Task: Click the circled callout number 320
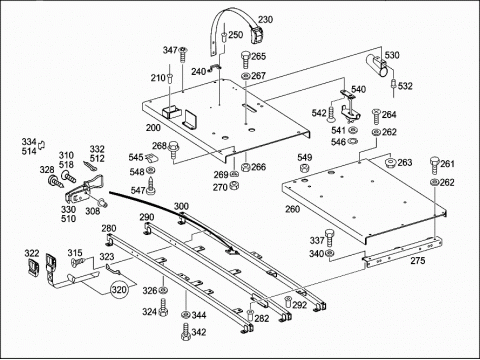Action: coord(119,289)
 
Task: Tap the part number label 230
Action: coord(265,20)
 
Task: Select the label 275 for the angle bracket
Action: coord(418,260)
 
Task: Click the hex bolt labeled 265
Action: coord(245,60)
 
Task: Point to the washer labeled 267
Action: coord(246,76)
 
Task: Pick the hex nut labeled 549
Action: coord(304,168)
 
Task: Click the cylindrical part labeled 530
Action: coord(377,65)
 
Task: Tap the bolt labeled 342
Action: coord(185,331)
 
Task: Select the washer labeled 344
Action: coord(185,314)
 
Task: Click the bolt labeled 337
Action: coord(330,237)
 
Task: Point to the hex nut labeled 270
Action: coord(235,185)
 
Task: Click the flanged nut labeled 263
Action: coord(390,163)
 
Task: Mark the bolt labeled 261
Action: coord(435,165)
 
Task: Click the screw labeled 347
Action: coord(182,55)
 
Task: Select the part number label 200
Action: coord(153,128)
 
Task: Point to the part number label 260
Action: coord(292,209)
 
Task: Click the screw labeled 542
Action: coord(332,114)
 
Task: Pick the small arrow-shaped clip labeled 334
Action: coord(42,145)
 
